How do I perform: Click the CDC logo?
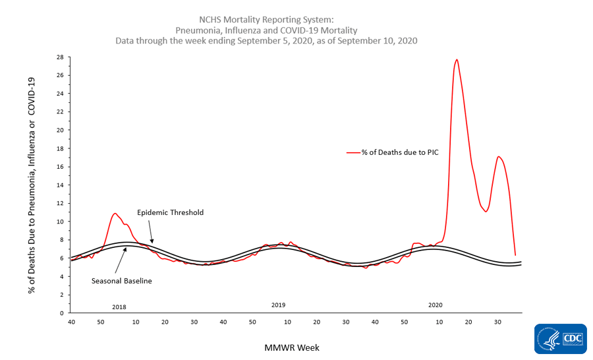tap(571, 340)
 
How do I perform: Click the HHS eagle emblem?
tap(547, 340)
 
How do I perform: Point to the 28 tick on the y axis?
tap(59, 57)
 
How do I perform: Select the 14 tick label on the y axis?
tap(59, 185)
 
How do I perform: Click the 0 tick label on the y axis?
tap(61, 313)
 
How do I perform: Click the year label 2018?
tap(119, 307)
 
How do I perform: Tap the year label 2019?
tap(278, 305)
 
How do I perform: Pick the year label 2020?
tap(436, 305)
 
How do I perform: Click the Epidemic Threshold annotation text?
tap(170, 212)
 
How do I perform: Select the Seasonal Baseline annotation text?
tap(121, 281)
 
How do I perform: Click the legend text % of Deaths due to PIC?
tap(399, 152)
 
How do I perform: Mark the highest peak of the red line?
tap(457, 59)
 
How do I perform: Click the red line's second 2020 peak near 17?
tap(499, 156)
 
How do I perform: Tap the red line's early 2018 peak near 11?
tap(115, 213)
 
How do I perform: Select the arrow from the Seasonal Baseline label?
tap(121, 260)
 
